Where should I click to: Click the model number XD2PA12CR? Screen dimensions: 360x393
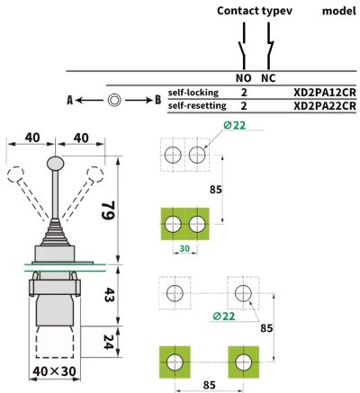[x=325, y=93]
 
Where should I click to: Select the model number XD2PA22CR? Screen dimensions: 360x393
[x=325, y=106]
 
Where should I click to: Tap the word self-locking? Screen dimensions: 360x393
[x=193, y=93]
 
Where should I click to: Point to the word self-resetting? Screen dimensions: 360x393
[x=197, y=106]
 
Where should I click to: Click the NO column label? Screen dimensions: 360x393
[x=243, y=78]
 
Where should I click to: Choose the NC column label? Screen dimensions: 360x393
[x=268, y=78]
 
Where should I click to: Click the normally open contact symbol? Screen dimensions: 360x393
[x=243, y=46]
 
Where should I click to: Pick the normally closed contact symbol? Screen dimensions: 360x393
[x=270, y=46]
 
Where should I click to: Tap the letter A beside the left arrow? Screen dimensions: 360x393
[x=70, y=100]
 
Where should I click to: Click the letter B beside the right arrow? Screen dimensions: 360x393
[x=158, y=100]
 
